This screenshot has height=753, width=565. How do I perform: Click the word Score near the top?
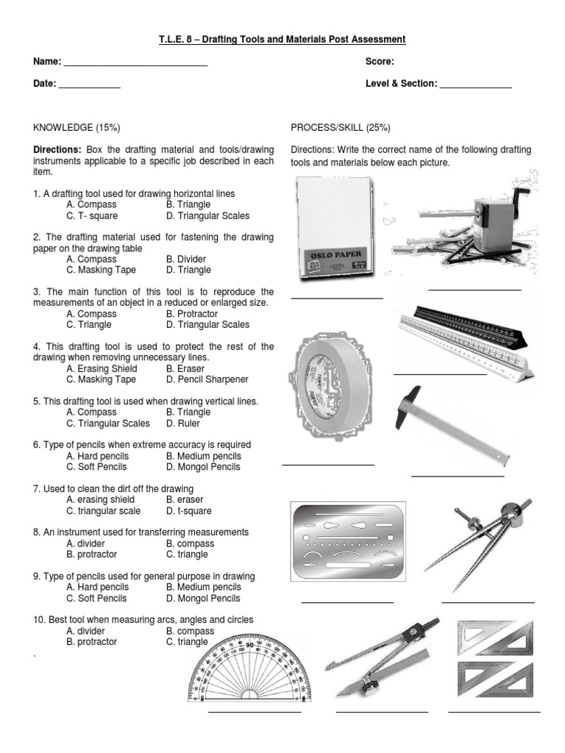[x=380, y=62]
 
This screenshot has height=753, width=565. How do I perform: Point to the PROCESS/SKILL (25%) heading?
[x=339, y=127]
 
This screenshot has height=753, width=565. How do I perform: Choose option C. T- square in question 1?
[x=92, y=216]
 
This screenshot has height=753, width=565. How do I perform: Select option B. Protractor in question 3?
[x=192, y=314]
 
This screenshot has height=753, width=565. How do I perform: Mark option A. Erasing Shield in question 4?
[x=102, y=368]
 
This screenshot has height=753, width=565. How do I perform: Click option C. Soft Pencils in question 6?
[x=96, y=466]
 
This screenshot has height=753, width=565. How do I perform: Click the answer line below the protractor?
[x=255, y=712]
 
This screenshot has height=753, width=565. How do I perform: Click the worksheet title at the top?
[x=282, y=39]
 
